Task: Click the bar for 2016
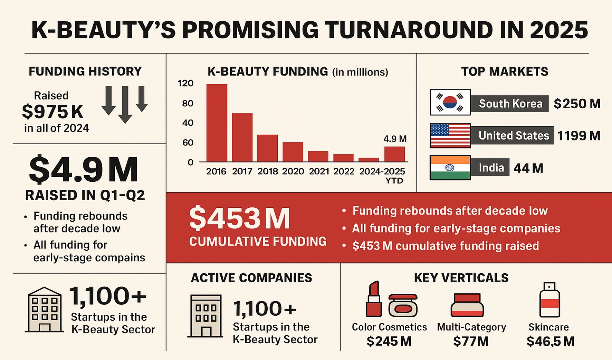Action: pyautogui.click(x=216, y=122)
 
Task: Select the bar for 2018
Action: pyautogui.click(x=267, y=148)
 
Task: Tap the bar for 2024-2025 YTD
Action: pyautogui.click(x=394, y=154)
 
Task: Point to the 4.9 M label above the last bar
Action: pyautogui.click(x=395, y=139)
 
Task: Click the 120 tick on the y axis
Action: pyautogui.click(x=186, y=83)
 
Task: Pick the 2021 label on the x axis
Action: pyautogui.click(x=319, y=171)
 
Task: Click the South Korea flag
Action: pyautogui.click(x=450, y=103)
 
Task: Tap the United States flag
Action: pyautogui.click(x=450, y=135)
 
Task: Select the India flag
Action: pyautogui.click(x=450, y=168)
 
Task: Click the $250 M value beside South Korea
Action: pyautogui.click(x=577, y=104)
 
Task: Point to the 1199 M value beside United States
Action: pyautogui.click(x=578, y=136)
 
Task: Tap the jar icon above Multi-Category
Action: pyautogui.click(x=467, y=305)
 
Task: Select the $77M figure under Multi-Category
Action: pyautogui.click(x=471, y=341)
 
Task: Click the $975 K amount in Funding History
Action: pyautogui.click(x=52, y=112)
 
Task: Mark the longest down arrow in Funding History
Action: pyautogui.click(x=125, y=104)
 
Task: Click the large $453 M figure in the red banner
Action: pyautogui.click(x=239, y=219)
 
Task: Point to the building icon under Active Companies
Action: pyautogui.click(x=206, y=316)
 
